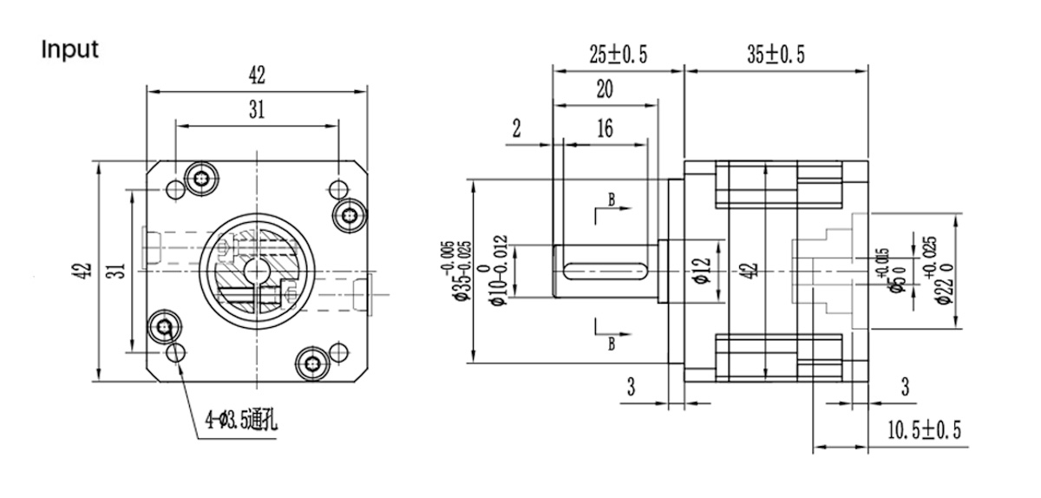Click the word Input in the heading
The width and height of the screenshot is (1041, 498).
pyautogui.click(x=70, y=49)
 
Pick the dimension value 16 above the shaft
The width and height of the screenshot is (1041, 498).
pyautogui.click(x=605, y=128)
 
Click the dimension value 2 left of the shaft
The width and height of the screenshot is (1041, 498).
pyautogui.click(x=517, y=129)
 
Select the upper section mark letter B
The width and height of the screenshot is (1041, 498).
pyautogui.click(x=612, y=200)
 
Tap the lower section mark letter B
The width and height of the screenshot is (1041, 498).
pyautogui.click(x=612, y=344)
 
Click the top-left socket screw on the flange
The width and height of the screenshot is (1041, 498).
pyautogui.click(x=202, y=178)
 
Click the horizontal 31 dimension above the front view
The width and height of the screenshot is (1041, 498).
pyautogui.click(x=256, y=110)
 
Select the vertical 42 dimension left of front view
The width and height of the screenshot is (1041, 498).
pyautogui.click(x=80, y=271)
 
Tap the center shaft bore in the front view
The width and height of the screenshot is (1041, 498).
pyautogui.click(x=257, y=271)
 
